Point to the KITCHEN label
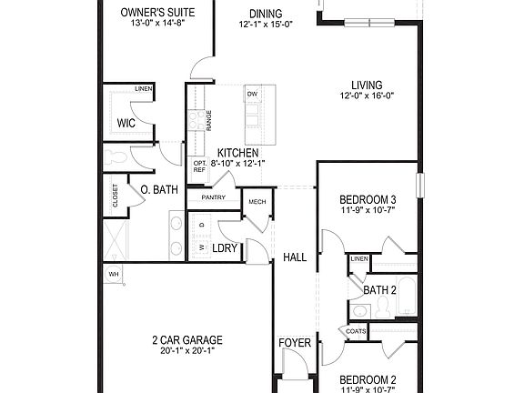(x=237, y=153)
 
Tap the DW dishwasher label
(x=252, y=94)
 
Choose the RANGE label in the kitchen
(x=209, y=121)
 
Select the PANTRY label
(x=214, y=197)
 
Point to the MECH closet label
(x=257, y=202)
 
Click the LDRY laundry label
(x=225, y=247)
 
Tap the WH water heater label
(x=114, y=273)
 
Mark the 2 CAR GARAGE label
(x=187, y=340)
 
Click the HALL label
(x=295, y=257)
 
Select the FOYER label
(x=295, y=343)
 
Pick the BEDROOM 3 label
(x=368, y=200)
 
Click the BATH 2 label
(x=380, y=290)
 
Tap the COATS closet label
(x=356, y=332)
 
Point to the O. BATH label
(x=159, y=190)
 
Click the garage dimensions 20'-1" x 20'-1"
(x=187, y=352)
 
